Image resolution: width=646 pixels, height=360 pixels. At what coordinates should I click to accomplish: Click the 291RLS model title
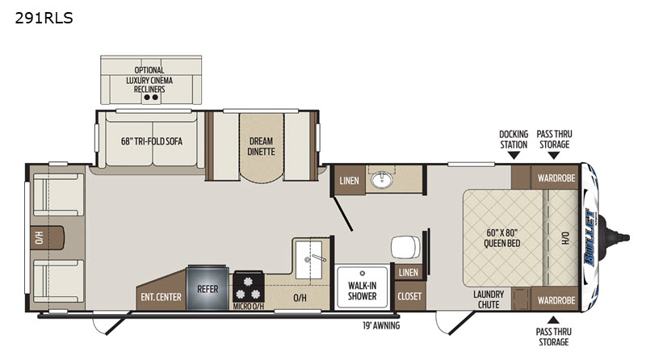(44, 18)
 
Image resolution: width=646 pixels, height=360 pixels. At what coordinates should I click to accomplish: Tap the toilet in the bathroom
(405, 247)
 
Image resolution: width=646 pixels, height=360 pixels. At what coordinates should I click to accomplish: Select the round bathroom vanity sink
(381, 180)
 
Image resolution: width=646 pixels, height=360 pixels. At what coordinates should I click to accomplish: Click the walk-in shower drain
(362, 273)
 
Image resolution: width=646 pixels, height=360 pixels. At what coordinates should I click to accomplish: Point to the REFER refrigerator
(208, 288)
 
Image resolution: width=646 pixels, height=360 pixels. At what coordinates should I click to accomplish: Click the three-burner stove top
(248, 287)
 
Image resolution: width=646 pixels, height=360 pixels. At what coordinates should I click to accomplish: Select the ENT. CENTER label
(161, 297)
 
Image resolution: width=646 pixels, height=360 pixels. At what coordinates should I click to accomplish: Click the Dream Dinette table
(261, 148)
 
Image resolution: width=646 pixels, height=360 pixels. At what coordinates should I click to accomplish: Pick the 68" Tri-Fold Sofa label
(152, 141)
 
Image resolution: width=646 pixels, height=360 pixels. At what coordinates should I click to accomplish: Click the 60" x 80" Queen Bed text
(501, 238)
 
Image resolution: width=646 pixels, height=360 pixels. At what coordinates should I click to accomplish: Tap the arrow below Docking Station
(514, 155)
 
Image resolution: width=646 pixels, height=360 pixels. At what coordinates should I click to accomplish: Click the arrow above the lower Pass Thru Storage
(553, 320)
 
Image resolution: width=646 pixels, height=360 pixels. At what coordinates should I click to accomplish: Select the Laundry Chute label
(489, 299)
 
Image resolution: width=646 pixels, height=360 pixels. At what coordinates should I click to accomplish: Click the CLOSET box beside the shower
(409, 295)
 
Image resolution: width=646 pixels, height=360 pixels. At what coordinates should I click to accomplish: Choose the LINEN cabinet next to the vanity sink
(349, 180)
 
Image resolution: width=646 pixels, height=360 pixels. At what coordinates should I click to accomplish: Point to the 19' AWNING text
(381, 325)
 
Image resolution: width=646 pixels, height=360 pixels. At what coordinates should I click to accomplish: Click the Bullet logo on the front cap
(590, 237)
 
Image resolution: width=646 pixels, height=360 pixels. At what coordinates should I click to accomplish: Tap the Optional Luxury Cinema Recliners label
(149, 79)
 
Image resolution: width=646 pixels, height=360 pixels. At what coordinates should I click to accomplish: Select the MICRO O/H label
(248, 307)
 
